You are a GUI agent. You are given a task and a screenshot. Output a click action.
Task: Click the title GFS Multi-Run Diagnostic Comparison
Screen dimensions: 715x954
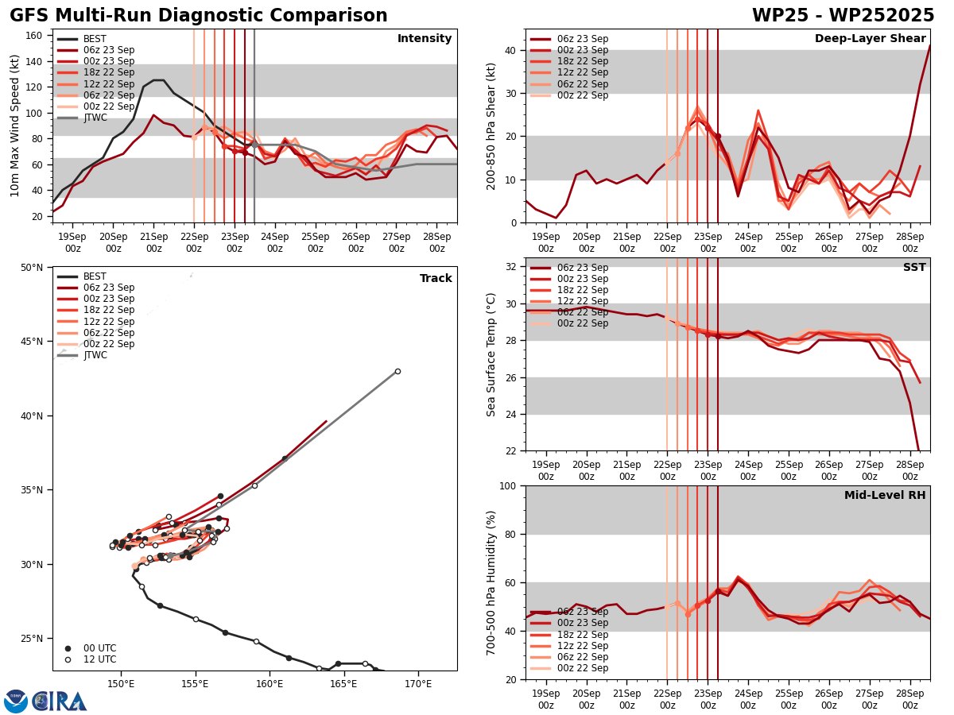click(199, 16)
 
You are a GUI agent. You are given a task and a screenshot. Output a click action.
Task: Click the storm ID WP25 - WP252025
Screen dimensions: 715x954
click(843, 16)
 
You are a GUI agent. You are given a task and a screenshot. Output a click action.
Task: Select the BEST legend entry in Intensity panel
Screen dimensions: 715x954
click(94, 39)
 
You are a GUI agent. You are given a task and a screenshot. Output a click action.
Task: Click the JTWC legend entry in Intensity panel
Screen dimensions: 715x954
click(95, 118)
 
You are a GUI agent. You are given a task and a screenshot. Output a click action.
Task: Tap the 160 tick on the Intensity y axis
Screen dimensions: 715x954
click(35, 36)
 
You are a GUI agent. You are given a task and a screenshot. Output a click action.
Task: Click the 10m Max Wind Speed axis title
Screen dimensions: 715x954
click(14, 126)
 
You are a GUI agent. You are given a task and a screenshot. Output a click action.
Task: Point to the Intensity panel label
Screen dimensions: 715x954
click(425, 39)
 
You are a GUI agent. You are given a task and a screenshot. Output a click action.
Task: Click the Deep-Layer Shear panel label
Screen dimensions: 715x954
click(870, 39)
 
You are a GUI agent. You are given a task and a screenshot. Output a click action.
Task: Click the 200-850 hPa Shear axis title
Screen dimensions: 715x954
click(491, 126)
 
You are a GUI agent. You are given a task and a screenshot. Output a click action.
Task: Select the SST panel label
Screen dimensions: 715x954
click(914, 268)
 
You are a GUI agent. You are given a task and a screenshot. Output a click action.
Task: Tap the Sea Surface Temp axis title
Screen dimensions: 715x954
click(491, 354)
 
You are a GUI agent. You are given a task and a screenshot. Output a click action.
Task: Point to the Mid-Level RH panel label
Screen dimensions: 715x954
click(885, 496)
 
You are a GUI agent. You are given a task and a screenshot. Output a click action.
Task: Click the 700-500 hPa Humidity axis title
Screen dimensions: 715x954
click(491, 582)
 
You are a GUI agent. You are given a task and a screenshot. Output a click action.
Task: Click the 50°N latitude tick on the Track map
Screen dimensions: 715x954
click(32, 268)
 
